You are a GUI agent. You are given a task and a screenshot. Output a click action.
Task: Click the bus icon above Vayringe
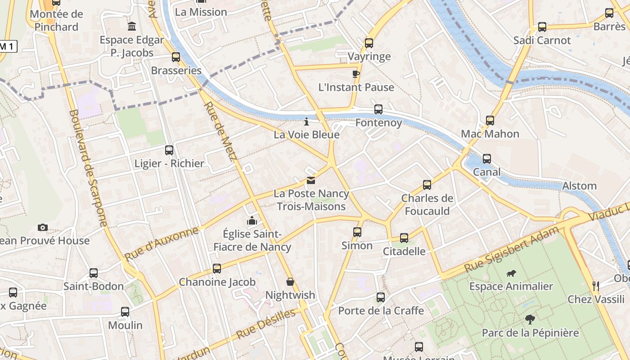[x=369, y=43]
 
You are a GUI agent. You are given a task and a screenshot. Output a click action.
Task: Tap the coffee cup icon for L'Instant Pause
[x=356, y=74]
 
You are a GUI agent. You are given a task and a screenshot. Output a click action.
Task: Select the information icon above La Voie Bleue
[x=306, y=121]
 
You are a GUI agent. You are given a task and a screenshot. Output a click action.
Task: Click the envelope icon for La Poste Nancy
[x=310, y=180]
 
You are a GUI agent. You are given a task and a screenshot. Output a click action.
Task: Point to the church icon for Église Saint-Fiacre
[x=252, y=220]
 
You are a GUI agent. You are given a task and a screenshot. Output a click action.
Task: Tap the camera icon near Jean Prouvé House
[x=43, y=227]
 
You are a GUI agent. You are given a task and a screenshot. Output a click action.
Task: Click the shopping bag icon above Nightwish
[x=290, y=282]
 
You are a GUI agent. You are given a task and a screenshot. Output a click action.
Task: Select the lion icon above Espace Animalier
[x=511, y=273]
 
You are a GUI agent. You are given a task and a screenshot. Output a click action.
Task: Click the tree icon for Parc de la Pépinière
[x=530, y=319]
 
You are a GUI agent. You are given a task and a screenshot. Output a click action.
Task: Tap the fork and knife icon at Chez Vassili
[x=596, y=286]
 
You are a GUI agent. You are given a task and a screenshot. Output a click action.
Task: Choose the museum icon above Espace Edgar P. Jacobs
[x=132, y=27]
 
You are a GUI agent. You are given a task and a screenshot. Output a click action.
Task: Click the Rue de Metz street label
[x=220, y=130]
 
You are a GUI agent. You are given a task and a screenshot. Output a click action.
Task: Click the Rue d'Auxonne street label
[x=161, y=243]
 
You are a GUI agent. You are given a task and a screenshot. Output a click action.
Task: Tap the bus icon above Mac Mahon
[x=490, y=120]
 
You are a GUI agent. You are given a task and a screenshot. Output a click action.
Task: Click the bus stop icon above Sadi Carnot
[x=542, y=27]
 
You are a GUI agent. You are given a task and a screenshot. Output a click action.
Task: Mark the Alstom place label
[x=579, y=186]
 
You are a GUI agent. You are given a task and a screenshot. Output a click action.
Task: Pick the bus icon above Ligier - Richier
[x=169, y=150]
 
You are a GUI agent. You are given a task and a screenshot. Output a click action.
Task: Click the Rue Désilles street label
[x=266, y=324]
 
